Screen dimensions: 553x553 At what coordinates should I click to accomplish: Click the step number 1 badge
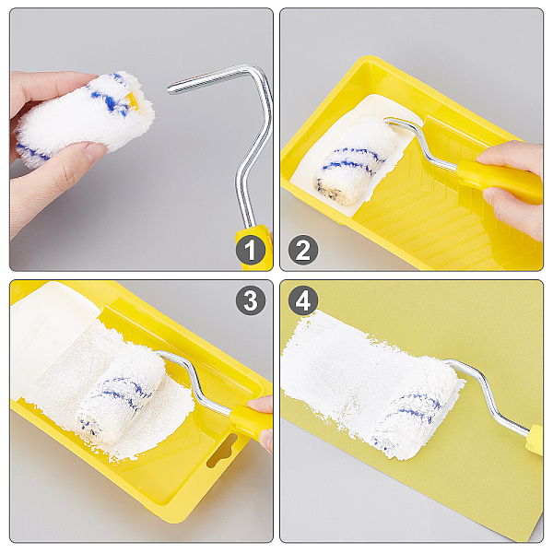(x=251, y=251)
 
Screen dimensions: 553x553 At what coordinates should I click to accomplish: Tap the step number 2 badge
(x=303, y=251)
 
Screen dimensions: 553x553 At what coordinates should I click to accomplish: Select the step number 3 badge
(x=251, y=300)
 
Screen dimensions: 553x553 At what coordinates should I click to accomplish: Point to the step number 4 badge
(x=303, y=300)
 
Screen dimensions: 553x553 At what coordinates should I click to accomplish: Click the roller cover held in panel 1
(x=85, y=118)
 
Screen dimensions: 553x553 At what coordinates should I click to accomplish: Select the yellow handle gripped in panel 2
(x=500, y=181)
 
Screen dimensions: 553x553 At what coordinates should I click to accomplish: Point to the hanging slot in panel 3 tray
(x=222, y=452)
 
